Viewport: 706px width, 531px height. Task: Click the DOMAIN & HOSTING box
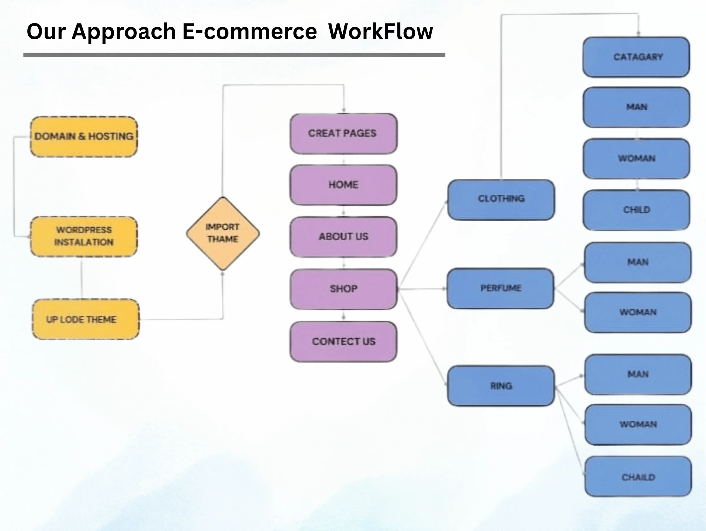(x=84, y=137)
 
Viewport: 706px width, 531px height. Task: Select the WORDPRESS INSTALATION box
(x=84, y=236)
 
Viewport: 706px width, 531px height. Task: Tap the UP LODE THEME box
(x=86, y=319)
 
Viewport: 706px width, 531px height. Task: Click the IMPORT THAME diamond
(x=223, y=233)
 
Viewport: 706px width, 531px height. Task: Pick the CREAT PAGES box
(x=343, y=133)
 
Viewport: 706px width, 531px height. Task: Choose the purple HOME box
(x=343, y=185)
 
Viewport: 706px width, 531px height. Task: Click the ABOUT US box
(x=343, y=236)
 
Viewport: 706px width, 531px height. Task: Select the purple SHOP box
(x=343, y=289)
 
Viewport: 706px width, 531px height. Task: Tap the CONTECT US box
(x=343, y=341)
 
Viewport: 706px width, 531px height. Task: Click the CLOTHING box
(x=501, y=199)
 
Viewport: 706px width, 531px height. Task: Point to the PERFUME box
(x=500, y=288)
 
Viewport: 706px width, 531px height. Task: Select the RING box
(x=501, y=386)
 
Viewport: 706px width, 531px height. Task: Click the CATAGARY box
(x=637, y=57)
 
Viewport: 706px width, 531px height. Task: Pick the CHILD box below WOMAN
(x=637, y=210)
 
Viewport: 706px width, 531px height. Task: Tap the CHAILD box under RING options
(x=638, y=477)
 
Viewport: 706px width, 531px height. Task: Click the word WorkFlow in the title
(x=380, y=32)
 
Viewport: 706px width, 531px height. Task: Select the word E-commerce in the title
(x=249, y=32)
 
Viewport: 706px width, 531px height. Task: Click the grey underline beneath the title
(x=234, y=55)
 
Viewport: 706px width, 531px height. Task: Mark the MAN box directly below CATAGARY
(x=637, y=107)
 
